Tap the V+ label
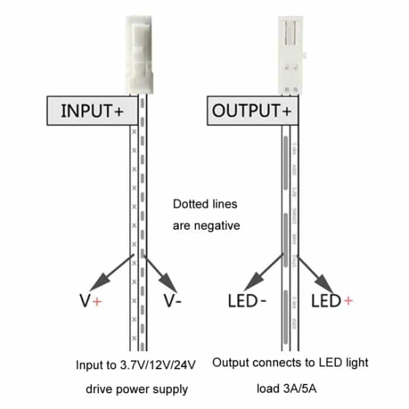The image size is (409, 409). click(x=91, y=301)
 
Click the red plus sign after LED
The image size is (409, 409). click(x=348, y=301)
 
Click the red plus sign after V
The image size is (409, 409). click(x=97, y=301)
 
